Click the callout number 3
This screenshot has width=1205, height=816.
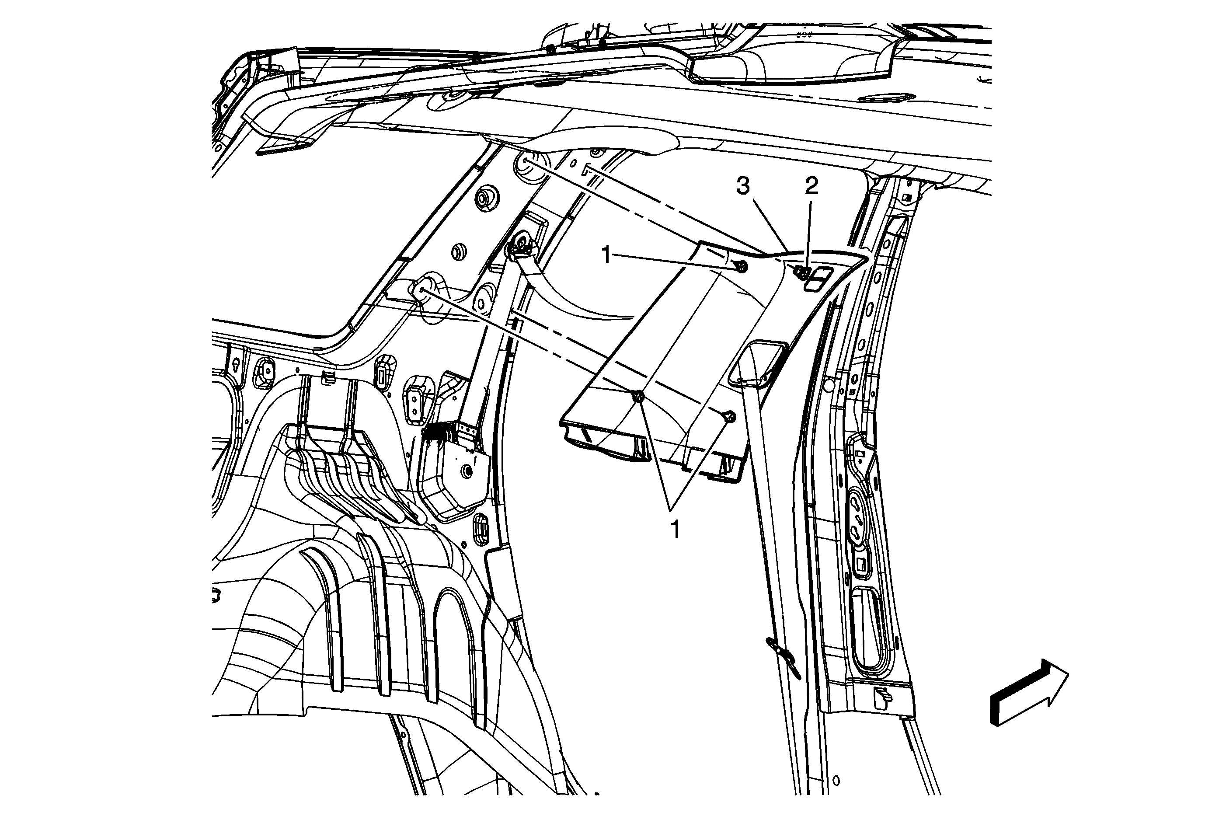[743, 186]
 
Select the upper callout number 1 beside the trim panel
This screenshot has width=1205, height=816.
[606, 255]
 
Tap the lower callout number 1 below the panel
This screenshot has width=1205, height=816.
[675, 530]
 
